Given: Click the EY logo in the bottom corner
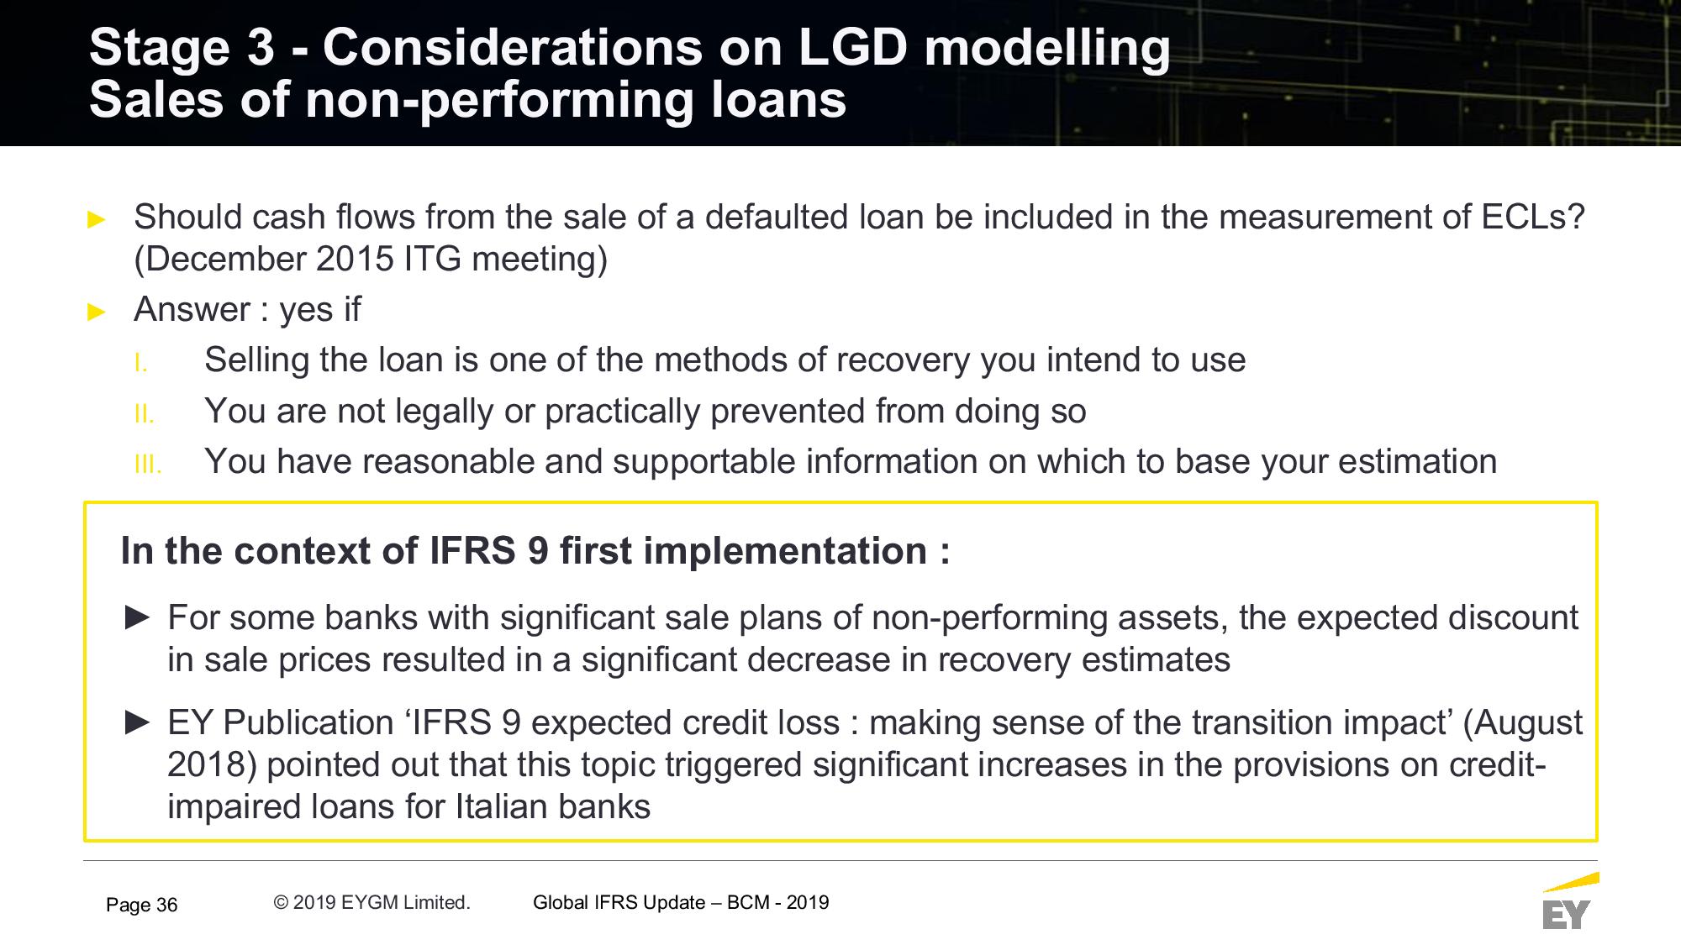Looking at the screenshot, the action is click(x=1568, y=903).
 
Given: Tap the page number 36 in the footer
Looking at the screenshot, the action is click(x=167, y=905).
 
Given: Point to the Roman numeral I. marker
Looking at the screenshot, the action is click(x=141, y=364).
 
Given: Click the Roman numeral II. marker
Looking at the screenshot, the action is click(x=144, y=414).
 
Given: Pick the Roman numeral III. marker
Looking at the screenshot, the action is click(x=147, y=465).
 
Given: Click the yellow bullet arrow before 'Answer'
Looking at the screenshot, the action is click(x=97, y=312).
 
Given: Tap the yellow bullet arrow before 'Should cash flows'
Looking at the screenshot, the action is click(x=97, y=220).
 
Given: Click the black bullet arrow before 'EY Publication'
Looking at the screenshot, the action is click(x=137, y=723).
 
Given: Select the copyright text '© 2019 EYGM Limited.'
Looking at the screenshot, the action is click(x=372, y=902).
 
